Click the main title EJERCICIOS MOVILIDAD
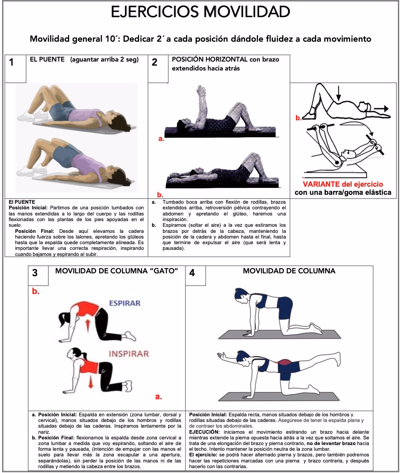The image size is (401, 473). pos(200,12)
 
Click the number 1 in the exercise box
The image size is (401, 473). pos(11,62)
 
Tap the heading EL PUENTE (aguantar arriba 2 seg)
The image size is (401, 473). pos(84,60)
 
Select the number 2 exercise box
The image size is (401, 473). pos(155,63)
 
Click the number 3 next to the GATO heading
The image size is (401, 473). pos(35,273)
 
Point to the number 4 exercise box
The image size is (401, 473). pos(192,273)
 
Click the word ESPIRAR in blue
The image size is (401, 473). pos(124,303)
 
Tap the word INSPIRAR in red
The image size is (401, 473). pos(128,354)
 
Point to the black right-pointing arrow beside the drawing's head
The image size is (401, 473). pos(381,109)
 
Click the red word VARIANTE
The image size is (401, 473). pos(321,183)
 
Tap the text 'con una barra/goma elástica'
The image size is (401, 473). pos(343,192)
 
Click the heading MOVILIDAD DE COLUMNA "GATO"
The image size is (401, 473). pos(116,271)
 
